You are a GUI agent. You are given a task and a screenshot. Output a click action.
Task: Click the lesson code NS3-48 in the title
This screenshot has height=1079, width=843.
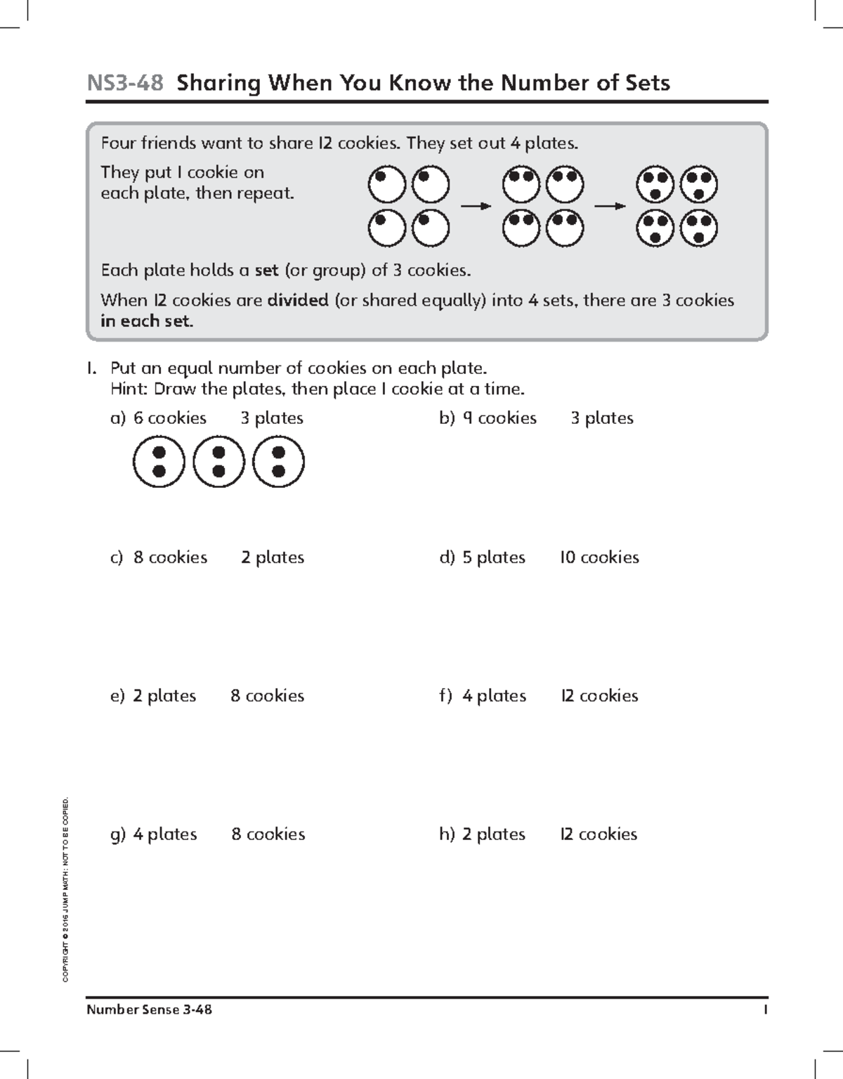coord(125,84)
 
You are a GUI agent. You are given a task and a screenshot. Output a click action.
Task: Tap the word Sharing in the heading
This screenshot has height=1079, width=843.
coord(218,84)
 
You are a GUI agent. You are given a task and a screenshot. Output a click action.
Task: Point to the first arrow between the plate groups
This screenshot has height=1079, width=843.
coord(476,206)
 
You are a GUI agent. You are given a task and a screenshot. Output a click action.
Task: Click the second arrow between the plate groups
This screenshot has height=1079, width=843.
coord(610,206)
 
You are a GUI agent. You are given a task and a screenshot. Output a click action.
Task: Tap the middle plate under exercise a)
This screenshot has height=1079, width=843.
coord(218,462)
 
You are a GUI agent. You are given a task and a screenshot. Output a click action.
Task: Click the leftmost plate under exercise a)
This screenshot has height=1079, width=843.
coord(159,462)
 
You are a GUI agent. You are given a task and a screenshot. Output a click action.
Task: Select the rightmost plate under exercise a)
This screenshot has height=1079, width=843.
coord(278,462)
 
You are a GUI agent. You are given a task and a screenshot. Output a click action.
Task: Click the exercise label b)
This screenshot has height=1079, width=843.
coord(447,418)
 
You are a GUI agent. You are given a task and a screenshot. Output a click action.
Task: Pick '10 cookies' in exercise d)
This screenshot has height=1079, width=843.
coord(599,557)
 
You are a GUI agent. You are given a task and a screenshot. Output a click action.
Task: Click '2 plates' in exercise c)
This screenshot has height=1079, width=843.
coord(273,557)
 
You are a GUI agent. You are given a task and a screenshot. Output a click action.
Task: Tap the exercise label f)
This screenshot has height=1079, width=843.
coord(446,696)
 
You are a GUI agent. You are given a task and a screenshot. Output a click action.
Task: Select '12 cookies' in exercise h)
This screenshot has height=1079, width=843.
coord(599,834)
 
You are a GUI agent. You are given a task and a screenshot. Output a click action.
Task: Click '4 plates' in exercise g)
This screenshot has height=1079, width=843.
coord(165,834)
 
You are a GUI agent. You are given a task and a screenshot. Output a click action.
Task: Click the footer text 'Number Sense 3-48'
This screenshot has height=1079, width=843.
coord(149,1010)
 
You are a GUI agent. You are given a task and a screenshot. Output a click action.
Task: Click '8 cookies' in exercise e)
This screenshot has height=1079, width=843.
coord(267,696)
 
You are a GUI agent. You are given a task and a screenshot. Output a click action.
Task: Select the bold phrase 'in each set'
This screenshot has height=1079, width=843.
coord(146,322)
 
